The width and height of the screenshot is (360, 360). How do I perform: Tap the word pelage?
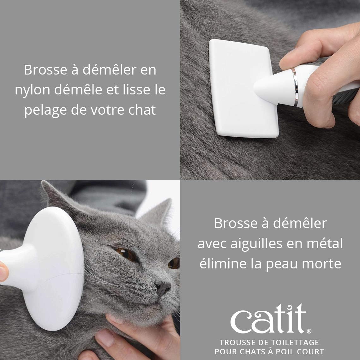coord(45,111)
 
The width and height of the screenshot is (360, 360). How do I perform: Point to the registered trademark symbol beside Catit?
coord(309,331)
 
